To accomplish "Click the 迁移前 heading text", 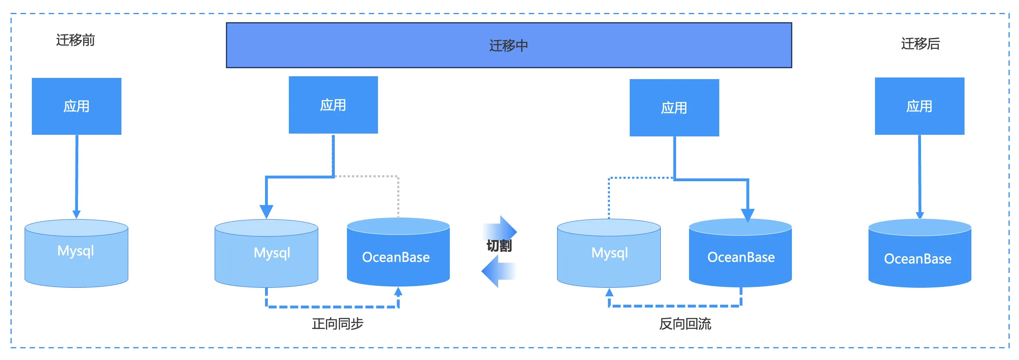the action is pos(75,40).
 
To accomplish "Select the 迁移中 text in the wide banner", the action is pos(509,46).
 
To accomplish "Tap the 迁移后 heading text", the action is pos(921,44).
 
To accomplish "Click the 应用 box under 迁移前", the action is pos(77,106).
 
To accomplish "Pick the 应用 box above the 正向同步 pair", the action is pos(333,105).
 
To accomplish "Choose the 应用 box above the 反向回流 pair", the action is pos(674,108).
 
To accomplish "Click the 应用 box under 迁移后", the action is pos(920,106).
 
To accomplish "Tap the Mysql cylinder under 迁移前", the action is pos(76,253).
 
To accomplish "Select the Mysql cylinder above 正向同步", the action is pos(266,253).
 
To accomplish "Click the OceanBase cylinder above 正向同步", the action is pos(398,252).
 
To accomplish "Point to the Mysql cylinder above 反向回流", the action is pos(609,253).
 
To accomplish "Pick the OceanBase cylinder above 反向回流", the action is pos(740,253).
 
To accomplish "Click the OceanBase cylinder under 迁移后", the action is pos(920,253).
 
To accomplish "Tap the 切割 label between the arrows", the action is pos(499,246).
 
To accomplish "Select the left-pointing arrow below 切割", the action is pos(499,271).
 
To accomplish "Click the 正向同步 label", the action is pos(338,324).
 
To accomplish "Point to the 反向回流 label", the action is pos(685,324).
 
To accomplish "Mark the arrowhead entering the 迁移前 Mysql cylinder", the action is pos(76,214).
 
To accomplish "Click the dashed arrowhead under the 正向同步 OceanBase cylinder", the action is pos(398,291).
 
